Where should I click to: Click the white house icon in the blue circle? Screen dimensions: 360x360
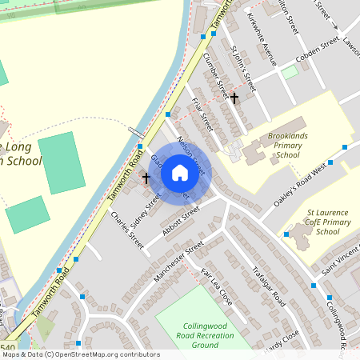pyautogui.click(x=180, y=171)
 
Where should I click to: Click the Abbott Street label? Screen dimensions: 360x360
pyautogui.click(x=179, y=222)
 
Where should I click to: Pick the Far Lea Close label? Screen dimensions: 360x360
pyautogui.click(x=216, y=287)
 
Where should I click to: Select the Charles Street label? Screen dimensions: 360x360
pyautogui.click(x=127, y=229)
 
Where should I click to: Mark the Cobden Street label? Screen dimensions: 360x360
pyautogui.click(x=298, y=50)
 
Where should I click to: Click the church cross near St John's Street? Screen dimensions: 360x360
pyautogui.click(x=234, y=98)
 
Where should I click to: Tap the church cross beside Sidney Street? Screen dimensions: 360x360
pyautogui.click(x=146, y=178)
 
